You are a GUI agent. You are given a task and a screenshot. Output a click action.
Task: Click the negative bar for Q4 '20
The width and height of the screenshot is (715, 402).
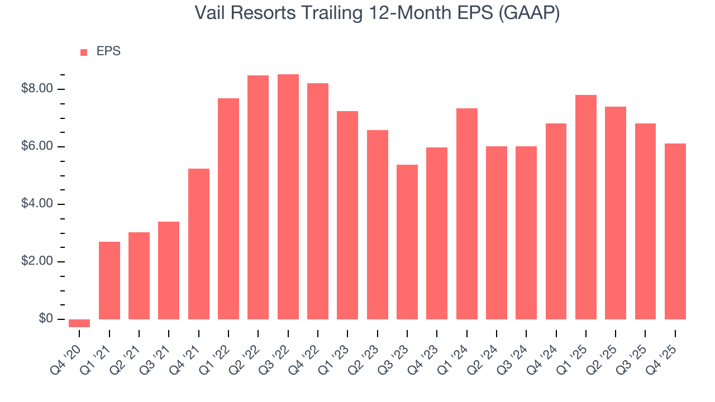79,323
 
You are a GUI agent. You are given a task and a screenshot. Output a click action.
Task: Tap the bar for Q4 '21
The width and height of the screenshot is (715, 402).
199,244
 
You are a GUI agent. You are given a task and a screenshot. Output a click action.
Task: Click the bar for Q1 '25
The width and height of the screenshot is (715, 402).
586,207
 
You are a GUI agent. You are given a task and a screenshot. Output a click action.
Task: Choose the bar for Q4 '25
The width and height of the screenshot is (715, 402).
675,231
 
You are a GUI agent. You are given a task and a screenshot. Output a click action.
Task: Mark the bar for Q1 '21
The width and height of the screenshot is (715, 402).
109,280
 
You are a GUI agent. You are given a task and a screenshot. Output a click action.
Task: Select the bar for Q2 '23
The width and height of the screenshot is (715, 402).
378,224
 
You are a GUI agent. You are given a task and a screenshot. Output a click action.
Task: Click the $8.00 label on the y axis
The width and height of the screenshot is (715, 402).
37,89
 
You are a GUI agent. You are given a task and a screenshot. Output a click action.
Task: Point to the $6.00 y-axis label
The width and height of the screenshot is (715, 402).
37,146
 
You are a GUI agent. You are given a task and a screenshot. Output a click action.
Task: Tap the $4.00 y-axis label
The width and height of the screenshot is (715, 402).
37,204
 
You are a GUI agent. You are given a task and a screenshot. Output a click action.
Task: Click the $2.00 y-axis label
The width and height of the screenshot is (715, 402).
37,261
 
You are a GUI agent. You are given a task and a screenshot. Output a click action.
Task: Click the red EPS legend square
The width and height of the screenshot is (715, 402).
84,52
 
